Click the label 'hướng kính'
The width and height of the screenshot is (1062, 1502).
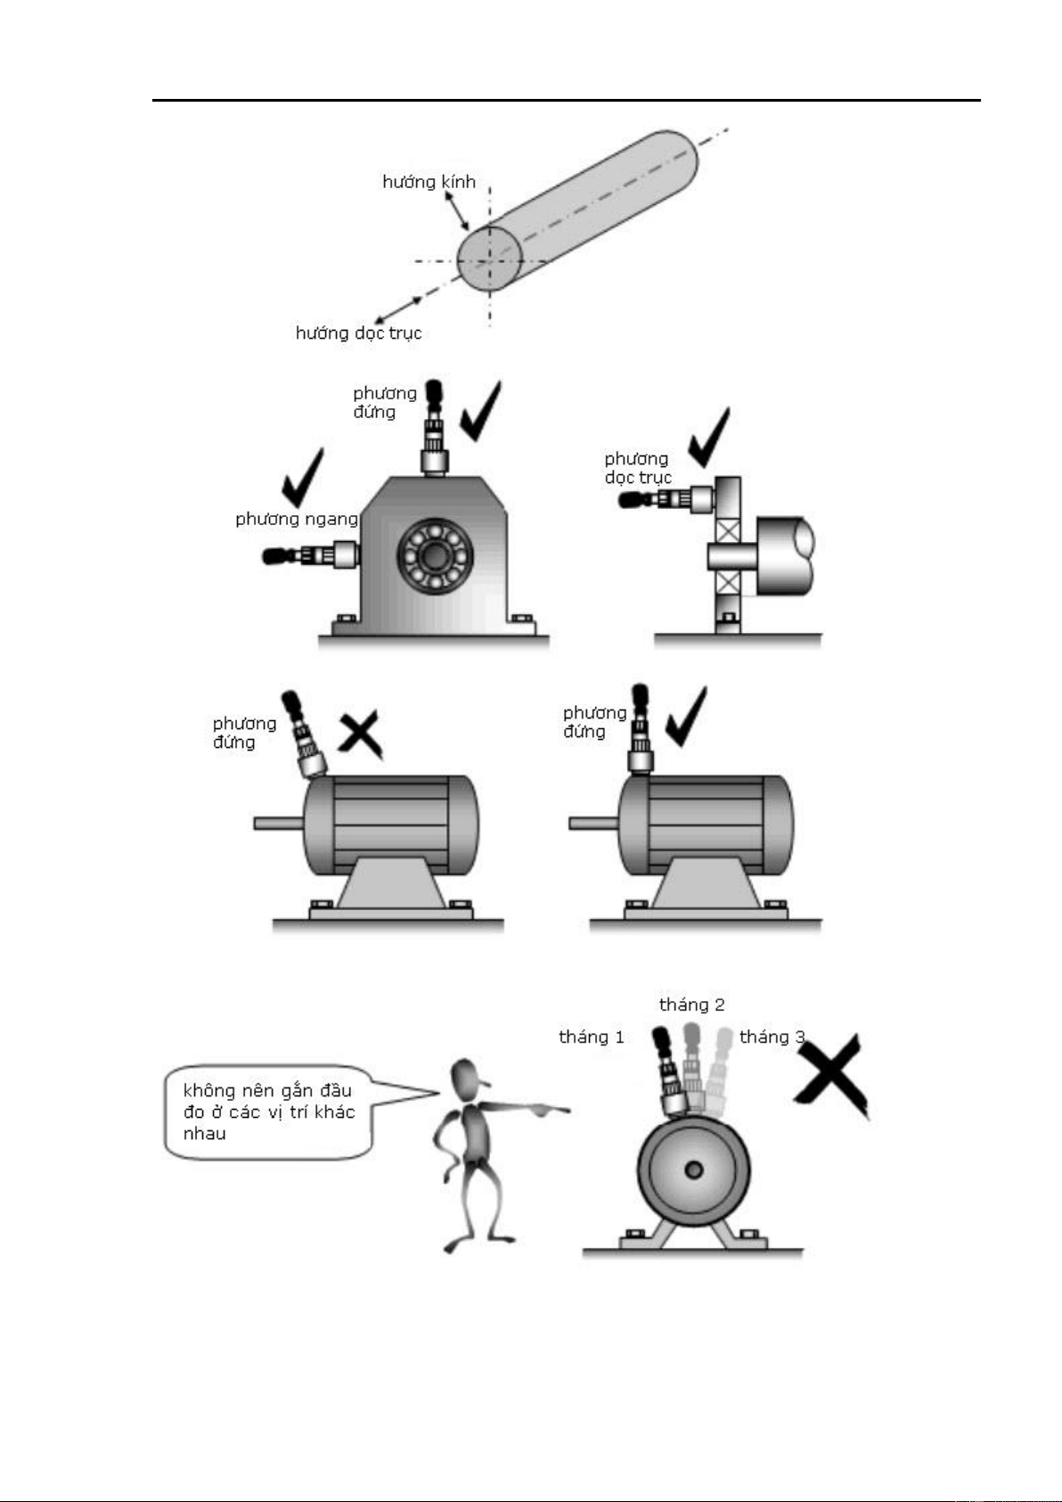tap(429, 182)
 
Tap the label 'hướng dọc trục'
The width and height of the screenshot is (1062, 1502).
tap(358, 333)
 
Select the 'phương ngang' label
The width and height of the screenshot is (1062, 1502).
tap(296, 519)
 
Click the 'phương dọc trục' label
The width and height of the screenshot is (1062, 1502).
tap(637, 468)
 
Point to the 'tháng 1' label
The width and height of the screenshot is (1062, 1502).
tap(591, 1037)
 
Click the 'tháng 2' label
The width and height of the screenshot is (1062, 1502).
tap(691, 1005)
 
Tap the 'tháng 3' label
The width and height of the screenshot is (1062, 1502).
tap(772, 1037)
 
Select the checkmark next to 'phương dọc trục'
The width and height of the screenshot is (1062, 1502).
tap(709, 437)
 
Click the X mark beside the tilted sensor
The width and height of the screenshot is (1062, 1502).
tap(361, 735)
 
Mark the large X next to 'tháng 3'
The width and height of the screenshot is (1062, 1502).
tap(830, 1075)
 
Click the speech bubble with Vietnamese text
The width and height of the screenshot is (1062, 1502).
tap(267, 1112)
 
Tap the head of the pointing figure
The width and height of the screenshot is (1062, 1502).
tap(468, 1079)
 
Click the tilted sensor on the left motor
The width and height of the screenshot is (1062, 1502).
tap(303, 735)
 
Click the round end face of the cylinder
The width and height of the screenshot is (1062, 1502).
tap(489, 259)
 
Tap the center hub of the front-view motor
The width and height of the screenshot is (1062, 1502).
tap(693, 1170)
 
